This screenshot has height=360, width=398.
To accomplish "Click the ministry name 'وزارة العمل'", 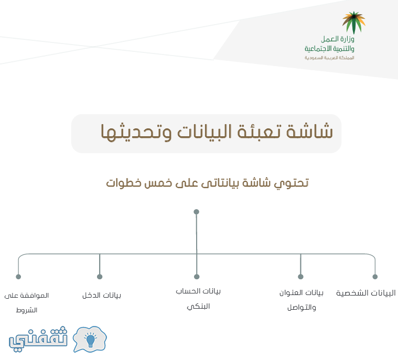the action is [x=337, y=39].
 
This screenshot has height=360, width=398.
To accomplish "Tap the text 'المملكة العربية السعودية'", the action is [x=329, y=58].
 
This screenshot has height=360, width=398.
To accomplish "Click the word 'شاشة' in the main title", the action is [x=310, y=132].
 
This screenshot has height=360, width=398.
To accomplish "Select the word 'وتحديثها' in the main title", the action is [x=136, y=132].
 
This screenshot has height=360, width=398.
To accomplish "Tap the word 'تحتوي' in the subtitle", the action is [x=292, y=183].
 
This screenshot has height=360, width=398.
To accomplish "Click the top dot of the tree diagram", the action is [x=196, y=212].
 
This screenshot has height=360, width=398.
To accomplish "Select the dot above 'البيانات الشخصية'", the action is [x=375, y=277].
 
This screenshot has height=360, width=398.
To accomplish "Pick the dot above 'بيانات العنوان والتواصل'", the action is [x=300, y=277].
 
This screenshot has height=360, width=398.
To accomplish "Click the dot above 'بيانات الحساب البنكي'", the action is [x=197, y=277].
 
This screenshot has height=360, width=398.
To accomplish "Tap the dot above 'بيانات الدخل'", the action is [x=100, y=277].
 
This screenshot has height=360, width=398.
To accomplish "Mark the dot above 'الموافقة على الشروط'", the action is [x=18, y=277].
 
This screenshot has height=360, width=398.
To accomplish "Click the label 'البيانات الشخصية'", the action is [x=366, y=293].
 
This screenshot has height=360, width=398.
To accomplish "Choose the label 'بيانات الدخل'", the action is [x=102, y=296].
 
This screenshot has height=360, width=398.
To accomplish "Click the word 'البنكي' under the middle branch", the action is [x=198, y=307].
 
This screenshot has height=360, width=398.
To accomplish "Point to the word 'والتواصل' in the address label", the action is [x=302, y=308].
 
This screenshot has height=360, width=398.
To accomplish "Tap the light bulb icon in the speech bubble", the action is [x=90, y=340].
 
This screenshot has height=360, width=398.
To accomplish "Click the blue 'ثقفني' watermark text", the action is [x=38, y=339].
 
